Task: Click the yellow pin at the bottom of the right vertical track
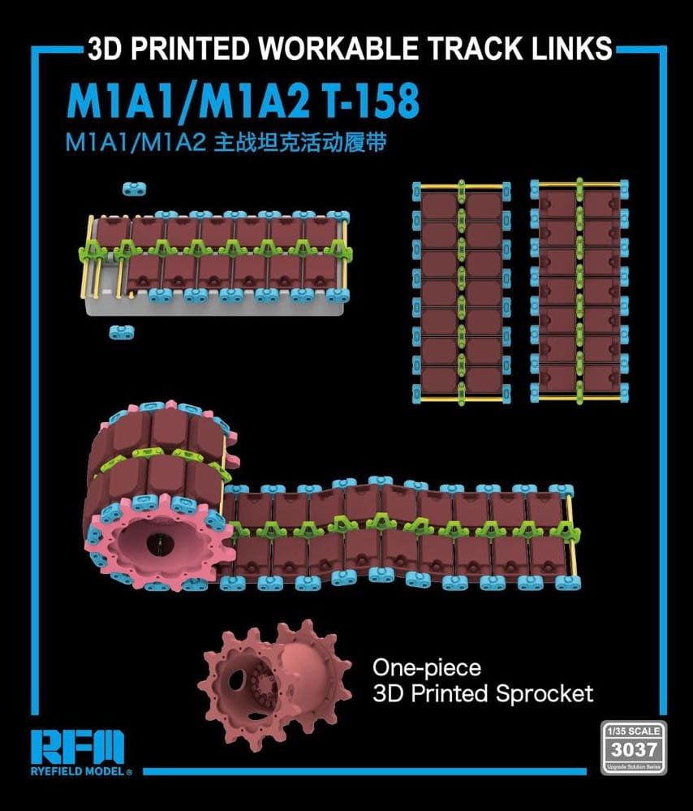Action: pyautogui.click(x=579, y=399)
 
